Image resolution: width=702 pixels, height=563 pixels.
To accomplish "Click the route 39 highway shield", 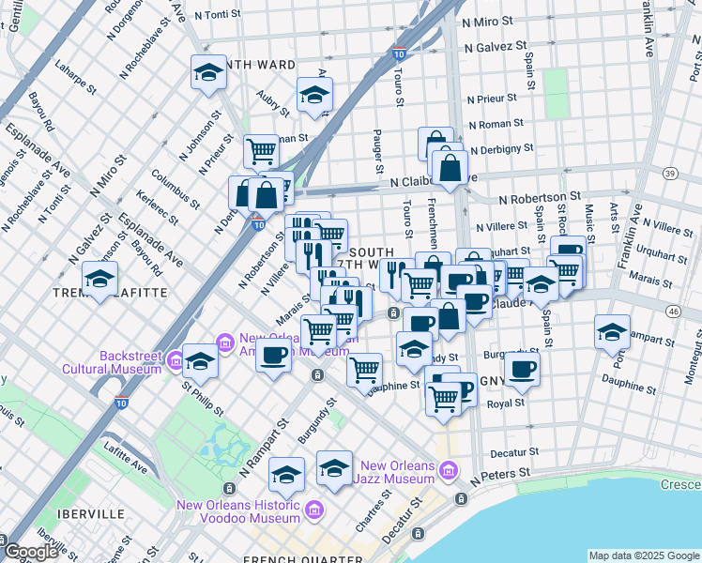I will [669, 174].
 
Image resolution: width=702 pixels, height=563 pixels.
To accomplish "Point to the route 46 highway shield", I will [673, 311].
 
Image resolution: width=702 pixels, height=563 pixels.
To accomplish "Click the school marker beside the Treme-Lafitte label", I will [99, 279].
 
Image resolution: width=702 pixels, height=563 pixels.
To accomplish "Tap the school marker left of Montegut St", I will [612, 331].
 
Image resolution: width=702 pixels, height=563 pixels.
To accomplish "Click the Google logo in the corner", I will [31, 552].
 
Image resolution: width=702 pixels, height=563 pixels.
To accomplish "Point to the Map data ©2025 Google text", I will [643, 555].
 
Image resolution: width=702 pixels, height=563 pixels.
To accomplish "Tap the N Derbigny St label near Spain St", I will [501, 148].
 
